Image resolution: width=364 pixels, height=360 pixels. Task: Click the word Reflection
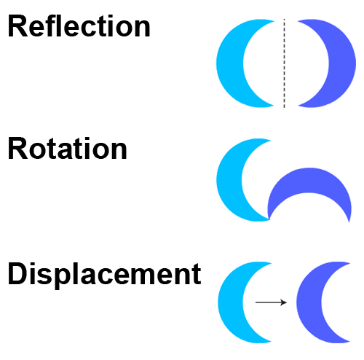79,26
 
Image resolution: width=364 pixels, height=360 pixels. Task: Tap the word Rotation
68,148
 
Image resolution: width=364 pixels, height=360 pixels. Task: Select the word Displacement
105,274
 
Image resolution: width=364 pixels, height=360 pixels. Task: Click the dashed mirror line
284,63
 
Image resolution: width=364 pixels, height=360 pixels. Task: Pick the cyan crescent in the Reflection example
229,63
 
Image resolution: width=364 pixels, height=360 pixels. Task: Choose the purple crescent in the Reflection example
342,63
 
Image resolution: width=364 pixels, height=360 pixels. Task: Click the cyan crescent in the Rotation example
229,180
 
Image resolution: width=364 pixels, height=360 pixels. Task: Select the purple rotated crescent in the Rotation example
309,180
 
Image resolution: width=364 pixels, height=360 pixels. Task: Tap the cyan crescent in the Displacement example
231,302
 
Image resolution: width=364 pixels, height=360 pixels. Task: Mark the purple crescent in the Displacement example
309,302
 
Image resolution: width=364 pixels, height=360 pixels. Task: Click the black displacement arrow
271,302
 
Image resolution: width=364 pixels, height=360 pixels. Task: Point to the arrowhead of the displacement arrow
285,302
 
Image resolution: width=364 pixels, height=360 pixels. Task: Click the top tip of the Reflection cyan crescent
274,21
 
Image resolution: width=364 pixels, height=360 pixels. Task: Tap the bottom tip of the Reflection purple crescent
298,106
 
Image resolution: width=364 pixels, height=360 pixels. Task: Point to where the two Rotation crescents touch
269,219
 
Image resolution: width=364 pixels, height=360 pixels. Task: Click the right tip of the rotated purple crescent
349,222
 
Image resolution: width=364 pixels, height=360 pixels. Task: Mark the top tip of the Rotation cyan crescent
271,140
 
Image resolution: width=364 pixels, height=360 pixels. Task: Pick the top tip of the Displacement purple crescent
350,263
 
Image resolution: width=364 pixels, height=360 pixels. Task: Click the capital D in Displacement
18,273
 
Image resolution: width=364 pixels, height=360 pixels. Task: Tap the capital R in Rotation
18,148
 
